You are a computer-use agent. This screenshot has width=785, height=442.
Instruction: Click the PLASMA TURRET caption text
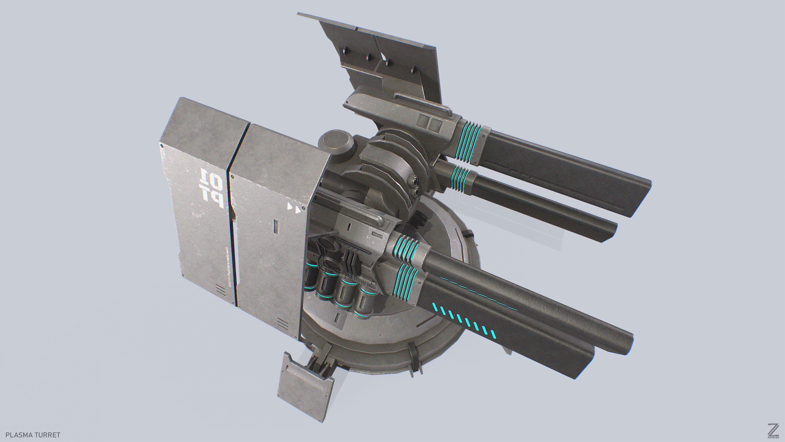33,435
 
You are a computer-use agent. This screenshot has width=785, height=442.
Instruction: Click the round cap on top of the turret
335,140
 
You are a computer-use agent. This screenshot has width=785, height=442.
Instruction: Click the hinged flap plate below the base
305,388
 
